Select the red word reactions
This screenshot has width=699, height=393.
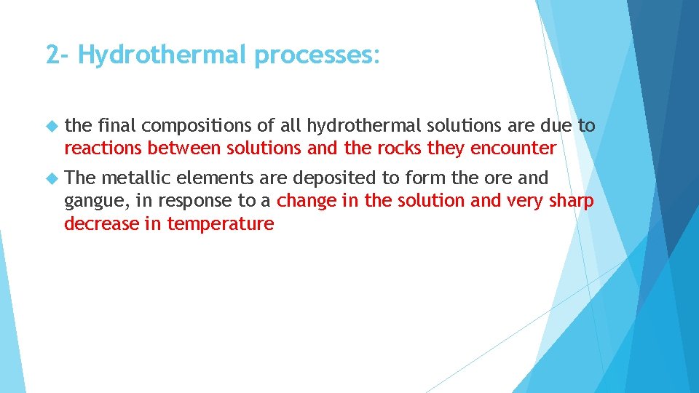tap(103, 148)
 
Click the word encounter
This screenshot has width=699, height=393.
tap(513, 148)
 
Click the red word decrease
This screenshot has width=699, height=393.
tap(101, 223)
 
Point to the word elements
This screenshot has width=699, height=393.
tap(213, 178)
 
